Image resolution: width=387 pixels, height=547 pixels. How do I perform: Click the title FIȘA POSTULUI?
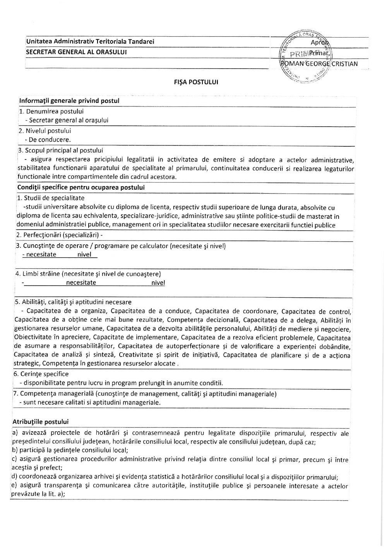(196, 82)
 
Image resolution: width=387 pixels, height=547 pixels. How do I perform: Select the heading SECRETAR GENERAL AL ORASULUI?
(77, 52)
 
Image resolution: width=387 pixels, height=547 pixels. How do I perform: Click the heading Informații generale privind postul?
(69, 101)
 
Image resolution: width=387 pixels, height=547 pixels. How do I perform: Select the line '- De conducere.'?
(48, 140)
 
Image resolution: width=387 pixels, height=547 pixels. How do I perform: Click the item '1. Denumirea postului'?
(51, 111)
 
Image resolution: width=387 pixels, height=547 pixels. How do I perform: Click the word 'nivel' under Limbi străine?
(158, 283)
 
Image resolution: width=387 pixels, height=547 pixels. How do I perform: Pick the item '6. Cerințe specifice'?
(41, 374)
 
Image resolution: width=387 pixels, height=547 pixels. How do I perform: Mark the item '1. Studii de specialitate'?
(50, 198)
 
